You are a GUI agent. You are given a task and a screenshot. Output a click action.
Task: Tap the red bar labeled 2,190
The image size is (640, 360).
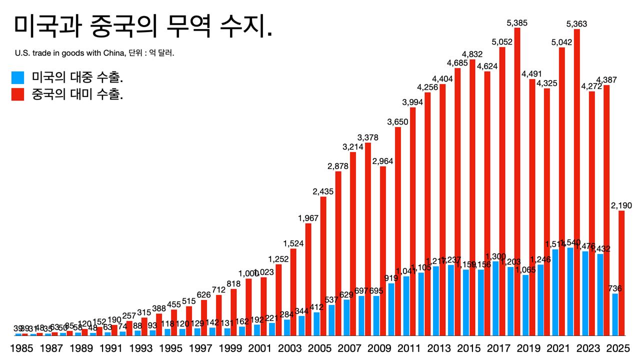coord(621,273)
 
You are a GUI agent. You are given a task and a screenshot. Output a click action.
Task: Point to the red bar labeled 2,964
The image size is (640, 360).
coord(383,250)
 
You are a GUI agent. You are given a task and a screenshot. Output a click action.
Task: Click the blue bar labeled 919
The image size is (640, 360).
coord(391,309)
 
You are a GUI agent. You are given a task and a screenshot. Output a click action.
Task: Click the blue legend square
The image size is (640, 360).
coord(18,77)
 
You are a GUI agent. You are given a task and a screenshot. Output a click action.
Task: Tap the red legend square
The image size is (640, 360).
coord(18,94)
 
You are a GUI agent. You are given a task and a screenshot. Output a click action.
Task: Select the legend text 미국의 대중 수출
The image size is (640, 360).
coord(77,77)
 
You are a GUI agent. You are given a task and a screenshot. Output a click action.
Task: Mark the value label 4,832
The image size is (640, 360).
coord(471,54)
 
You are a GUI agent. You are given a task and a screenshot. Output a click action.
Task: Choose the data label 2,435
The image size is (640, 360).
coord(323,191)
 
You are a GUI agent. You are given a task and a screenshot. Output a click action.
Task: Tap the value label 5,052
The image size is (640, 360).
coord(501,41)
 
